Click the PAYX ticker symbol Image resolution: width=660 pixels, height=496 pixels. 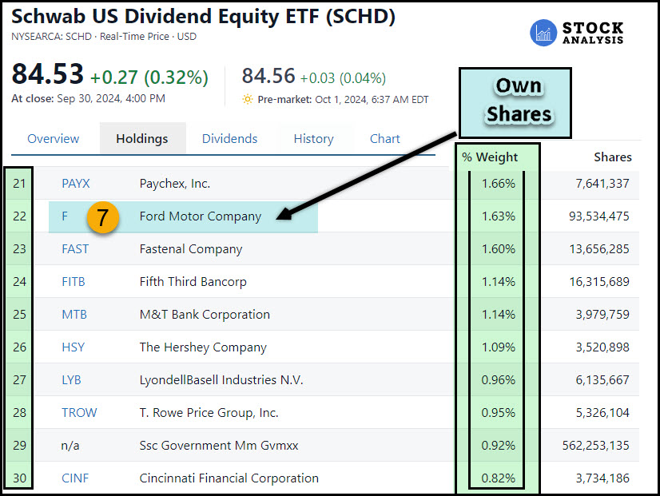click(x=75, y=184)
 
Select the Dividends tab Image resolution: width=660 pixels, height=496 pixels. click(x=229, y=138)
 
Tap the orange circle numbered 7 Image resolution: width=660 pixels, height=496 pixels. click(x=104, y=217)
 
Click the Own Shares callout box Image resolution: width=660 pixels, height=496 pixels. click(x=519, y=100)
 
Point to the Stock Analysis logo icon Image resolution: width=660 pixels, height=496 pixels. click(x=544, y=33)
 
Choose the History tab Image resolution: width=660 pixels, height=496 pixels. click(x=313, y=138)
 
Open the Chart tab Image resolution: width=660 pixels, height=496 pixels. click(x=384, y=138)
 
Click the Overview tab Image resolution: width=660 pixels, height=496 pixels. click(x=54, y=138)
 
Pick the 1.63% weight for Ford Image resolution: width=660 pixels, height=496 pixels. click(x=499, y=216)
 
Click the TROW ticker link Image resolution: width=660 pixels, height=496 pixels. click(x=79, y=413)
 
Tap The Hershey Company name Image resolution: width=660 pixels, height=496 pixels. click(x=203, y=347)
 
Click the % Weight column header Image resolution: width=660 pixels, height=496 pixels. click(x=490, y=157)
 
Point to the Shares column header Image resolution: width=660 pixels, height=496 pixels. click(x=613, y=157)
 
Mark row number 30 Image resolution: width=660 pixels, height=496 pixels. click(x=19, y=478)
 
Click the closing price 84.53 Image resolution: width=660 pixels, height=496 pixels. click(x=47, y=76)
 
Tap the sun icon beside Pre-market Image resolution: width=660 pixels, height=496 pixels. click(x=248, y=100)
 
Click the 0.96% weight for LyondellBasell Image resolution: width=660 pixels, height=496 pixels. click(x=499, y=380)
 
